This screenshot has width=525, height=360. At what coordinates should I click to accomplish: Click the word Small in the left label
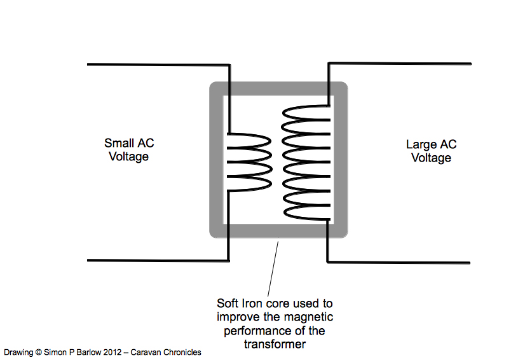coord(118,142)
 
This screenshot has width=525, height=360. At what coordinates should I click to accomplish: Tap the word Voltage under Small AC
coord(129,156)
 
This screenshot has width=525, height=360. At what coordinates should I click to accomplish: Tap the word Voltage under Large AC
coord(431,158)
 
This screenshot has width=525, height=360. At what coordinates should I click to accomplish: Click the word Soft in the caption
coord(228,303)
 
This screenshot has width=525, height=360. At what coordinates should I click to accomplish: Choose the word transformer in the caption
coord(275,343)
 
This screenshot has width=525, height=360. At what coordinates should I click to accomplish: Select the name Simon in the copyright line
coord(51,352)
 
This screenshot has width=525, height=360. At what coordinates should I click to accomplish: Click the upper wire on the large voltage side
coord(400,64)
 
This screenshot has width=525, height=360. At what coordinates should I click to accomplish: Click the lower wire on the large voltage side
coord(400,262)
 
